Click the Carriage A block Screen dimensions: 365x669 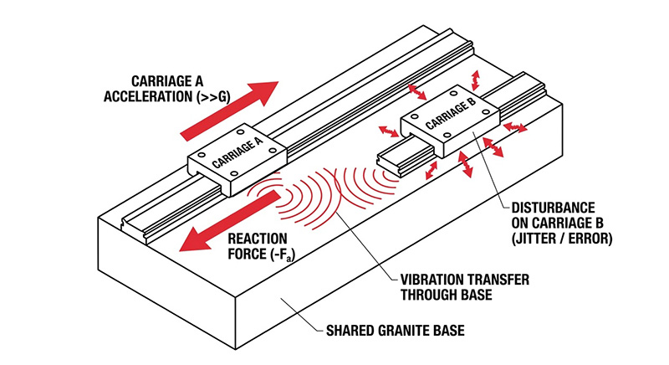238,156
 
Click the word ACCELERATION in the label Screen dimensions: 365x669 150,95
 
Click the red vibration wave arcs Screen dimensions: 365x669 334,188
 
